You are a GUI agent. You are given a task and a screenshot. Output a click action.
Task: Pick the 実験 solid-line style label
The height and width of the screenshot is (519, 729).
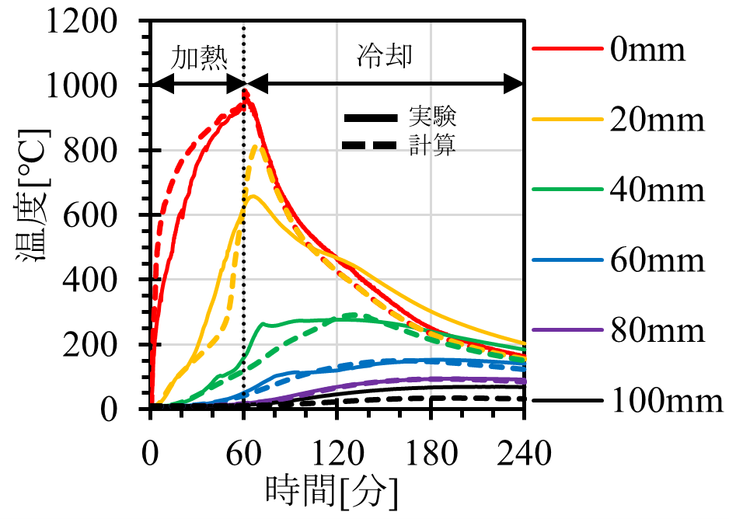433,118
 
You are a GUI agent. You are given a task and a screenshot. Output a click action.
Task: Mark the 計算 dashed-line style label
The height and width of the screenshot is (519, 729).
433,145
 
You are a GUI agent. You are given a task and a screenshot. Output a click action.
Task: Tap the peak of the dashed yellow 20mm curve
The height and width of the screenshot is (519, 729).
260,145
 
